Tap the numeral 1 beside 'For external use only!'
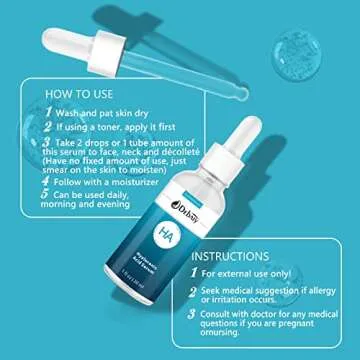click(x=194, y=273)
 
